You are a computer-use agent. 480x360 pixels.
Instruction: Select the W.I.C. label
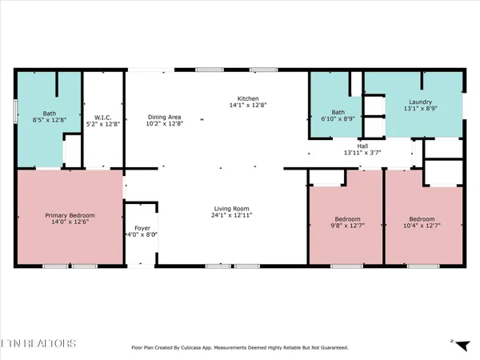pyautogui.click(x=102, y=115)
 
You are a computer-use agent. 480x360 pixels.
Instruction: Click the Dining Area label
pyautogui.click(x=164, y=115)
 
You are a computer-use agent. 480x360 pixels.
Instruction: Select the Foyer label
pyautogui.click(x=142, y=228)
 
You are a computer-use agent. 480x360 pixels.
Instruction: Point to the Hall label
pyautogui.click(x=362, y=146)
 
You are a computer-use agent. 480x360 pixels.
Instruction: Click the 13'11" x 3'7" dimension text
pyautogui.click(x=362, y=153)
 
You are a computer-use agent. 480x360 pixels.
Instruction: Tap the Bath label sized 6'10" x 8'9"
pyautogui.click(x=338, y=112)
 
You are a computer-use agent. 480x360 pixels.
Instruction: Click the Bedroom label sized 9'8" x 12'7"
pyautogui.click(x=347, y=219)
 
